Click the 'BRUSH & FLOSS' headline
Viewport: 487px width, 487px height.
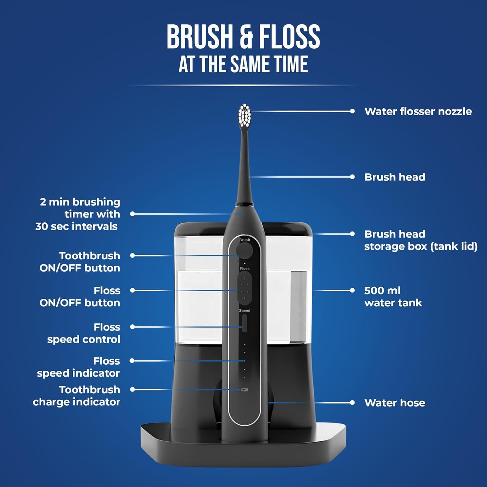pos(243,36)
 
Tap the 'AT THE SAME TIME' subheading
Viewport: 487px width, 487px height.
pos(243,64)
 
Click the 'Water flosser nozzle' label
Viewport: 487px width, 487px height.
pos(418,111)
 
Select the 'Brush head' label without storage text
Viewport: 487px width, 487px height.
pos(394,177)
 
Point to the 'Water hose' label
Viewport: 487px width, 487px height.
pos(394,403)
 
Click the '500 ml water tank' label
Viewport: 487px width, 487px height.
pos(393,296)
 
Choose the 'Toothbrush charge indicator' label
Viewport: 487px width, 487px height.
pos(77,396)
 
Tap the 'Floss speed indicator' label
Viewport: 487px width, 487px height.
pos(78,367)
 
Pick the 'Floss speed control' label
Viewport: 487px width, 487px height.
pos(84,333)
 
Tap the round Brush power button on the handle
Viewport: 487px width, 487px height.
pos(244,251)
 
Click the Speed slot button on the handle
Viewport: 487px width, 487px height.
pos(244,323)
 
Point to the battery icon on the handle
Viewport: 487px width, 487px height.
pos(245,390)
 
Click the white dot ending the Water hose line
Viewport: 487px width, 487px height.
pos(352,403)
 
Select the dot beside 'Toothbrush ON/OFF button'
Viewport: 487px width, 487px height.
pos(132,256)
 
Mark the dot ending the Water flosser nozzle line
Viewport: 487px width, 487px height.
pos(352,111)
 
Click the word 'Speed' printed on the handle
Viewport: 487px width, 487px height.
pos(244,311)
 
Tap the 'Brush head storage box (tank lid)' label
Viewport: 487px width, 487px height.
pos(420,240)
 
